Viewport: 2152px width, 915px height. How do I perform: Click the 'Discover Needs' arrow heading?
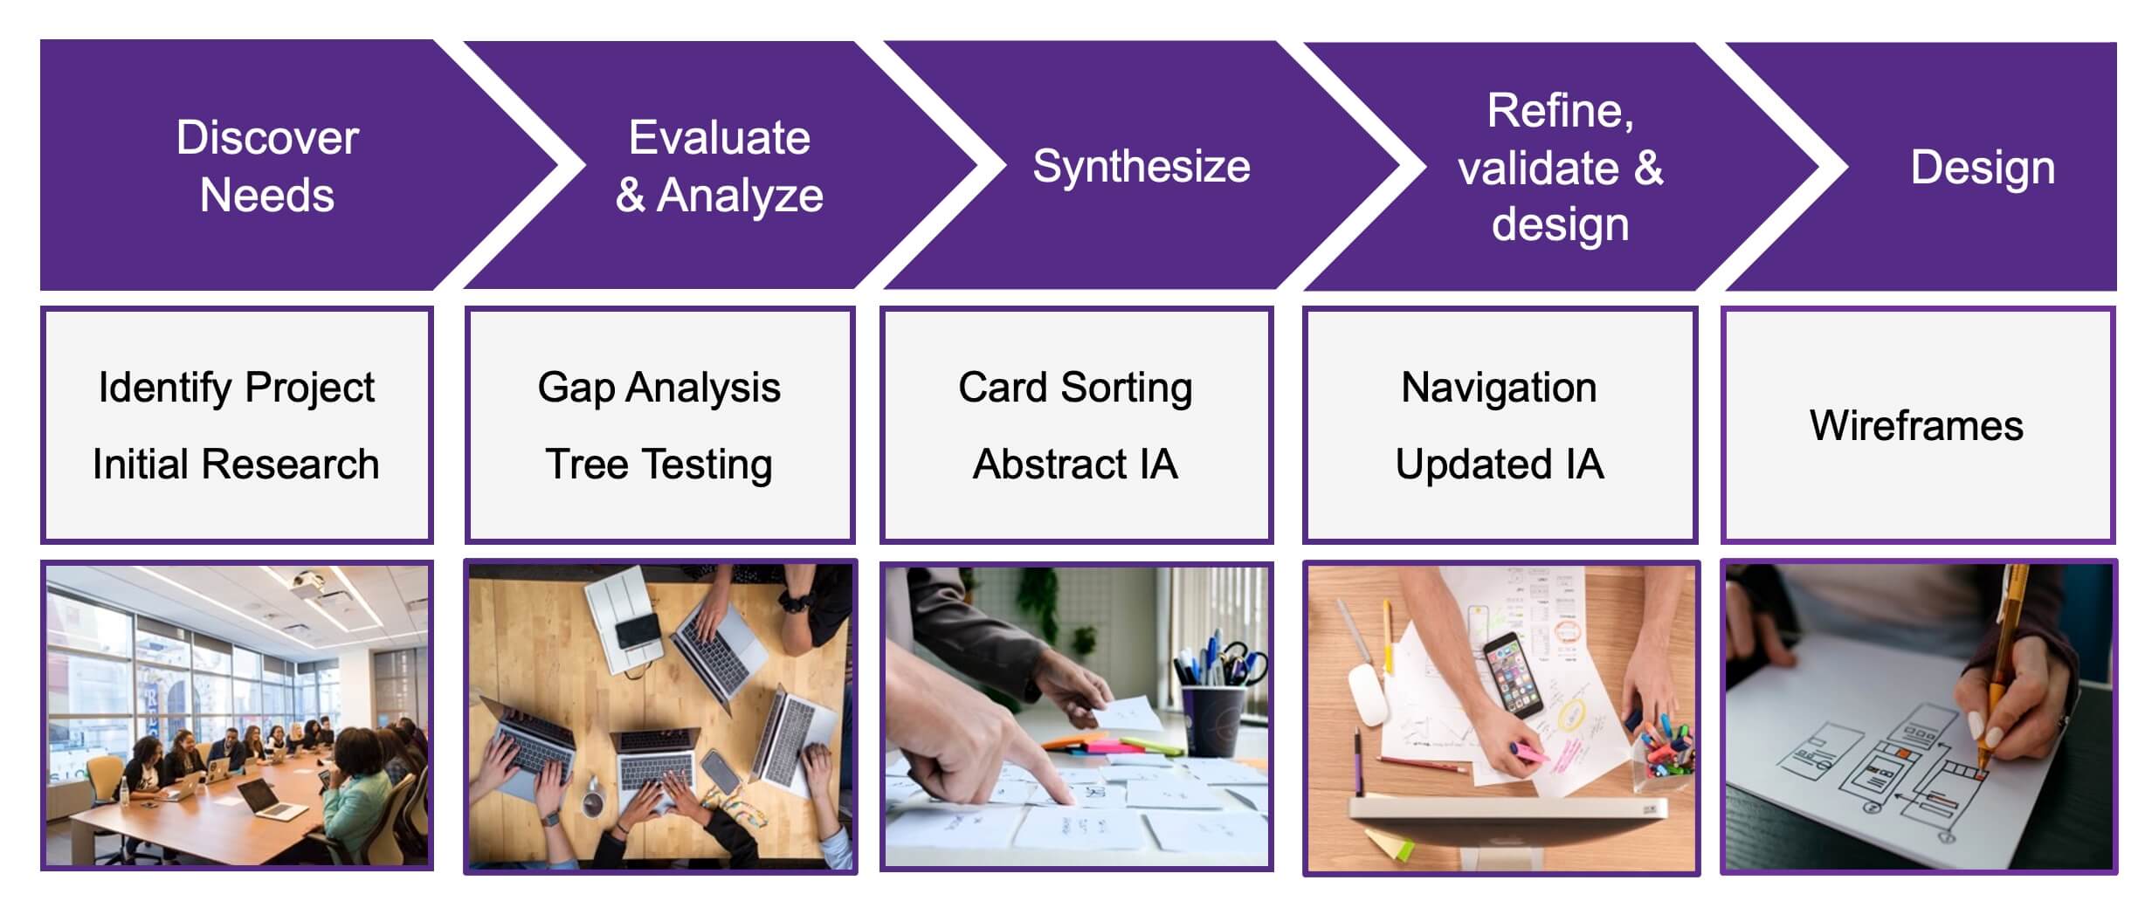267,166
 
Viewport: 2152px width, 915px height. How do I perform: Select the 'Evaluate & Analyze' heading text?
720,166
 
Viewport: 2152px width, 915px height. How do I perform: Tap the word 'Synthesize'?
1142,166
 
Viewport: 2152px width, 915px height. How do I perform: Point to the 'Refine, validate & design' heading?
1561,167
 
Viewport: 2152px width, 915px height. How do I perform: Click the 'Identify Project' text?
237,388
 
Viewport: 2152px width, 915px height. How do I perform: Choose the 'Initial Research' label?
236,464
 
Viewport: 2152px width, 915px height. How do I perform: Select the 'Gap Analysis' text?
659,388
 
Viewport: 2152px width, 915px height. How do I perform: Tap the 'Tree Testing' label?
659,464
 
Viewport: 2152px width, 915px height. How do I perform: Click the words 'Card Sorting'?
1075,388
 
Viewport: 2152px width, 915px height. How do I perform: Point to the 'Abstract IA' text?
1075,464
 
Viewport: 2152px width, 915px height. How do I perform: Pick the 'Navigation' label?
1499,388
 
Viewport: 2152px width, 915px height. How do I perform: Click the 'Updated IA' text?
1500,464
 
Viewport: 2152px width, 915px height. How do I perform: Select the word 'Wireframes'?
1916,426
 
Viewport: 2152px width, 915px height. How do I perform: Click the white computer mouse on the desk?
1368,692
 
